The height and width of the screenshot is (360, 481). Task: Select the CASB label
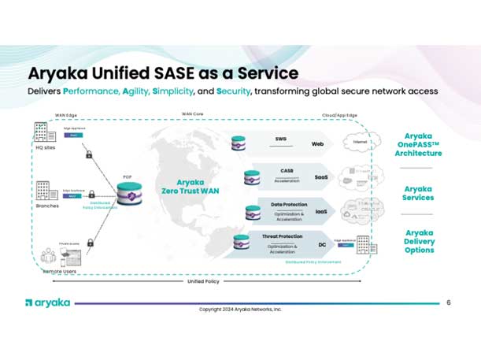click(287, 170)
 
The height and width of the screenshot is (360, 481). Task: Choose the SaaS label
click(321, 177)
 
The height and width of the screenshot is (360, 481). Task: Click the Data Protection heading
click(289, 204)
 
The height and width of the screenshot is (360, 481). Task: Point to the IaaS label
click(321, 212)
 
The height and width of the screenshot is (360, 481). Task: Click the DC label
click(322, 245)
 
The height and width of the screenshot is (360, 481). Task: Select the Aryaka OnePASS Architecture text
click(423, 145)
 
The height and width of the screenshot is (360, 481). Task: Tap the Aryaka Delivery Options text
click(423, 241)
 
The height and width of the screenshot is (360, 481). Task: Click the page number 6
click(449, 302)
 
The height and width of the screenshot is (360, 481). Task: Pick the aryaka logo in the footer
click(48, 302)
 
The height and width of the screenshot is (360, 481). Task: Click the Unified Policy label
click(202, 280)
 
